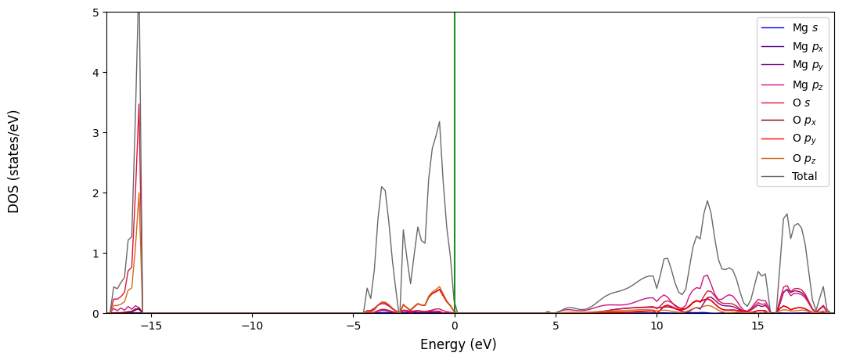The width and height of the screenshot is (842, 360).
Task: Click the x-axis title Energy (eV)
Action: pos(458,344)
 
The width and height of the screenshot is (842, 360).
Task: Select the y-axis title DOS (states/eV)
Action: pos(14,161)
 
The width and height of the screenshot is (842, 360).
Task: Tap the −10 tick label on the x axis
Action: pos(252,325)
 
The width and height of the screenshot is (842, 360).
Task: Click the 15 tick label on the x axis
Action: pos(757,325)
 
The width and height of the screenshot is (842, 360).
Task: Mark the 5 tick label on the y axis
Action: pos(95,13)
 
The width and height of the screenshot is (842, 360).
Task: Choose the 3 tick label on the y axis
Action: pos(95,133)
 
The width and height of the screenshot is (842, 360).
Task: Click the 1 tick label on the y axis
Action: pos(95,254)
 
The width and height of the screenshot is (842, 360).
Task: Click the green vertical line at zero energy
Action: pos(455,157)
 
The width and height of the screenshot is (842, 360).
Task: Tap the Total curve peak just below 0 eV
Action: pos(439,121)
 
